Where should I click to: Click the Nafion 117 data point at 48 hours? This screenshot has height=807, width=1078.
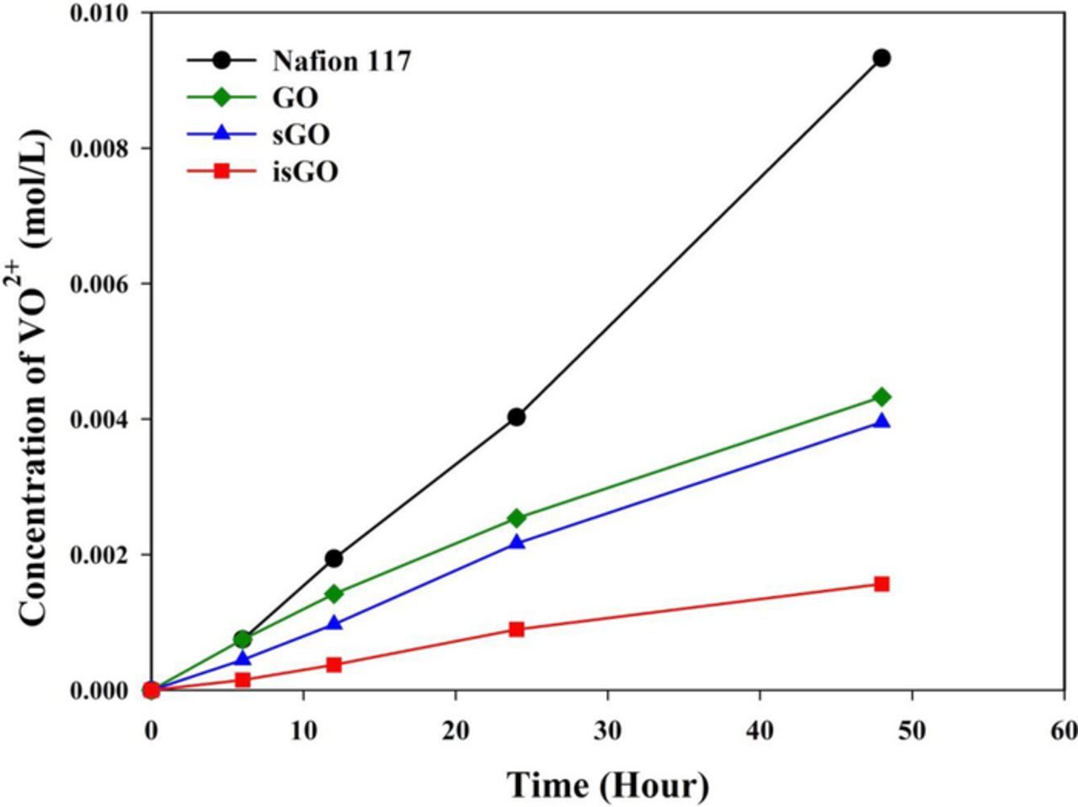pyautogui.click(x=882, y=58)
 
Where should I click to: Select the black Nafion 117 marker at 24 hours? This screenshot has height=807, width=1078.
pyautogui.click(x=516, y=417)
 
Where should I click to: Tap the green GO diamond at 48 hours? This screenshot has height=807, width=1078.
pyautogui.click(x=882, y=397)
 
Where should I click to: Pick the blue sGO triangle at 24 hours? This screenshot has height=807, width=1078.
pyautogui.click(x=516, y=542)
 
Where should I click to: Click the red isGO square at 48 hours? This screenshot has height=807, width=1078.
pyautogui.click(x=882, y=584)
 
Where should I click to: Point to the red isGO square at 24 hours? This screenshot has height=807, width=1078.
pyautogui.click(x=516, y=629)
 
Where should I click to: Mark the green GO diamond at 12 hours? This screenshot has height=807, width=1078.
pyautogui.click(x=334, y=594)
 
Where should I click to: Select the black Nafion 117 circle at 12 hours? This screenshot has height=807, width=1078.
pyautogui.click(x=334, y=558)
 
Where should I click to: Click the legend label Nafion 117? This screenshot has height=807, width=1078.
pyautogui.click(x=341, y=61)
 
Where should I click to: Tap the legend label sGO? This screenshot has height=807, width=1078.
pyautogui.click(x=301, y=135)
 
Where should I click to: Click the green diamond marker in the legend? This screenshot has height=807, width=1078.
pyautogui.click(x=221, y=98)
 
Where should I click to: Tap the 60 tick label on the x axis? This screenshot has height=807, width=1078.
pyautogui.click(x=1064, y=730)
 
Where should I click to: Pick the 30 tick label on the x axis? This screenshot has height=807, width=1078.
pyautogui.click(x=607, y=730)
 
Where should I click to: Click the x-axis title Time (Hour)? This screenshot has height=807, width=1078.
pyautogui.click(x=607, y=785)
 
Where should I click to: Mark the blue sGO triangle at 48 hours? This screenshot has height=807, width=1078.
pyautogui.click(x=882, y=421)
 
